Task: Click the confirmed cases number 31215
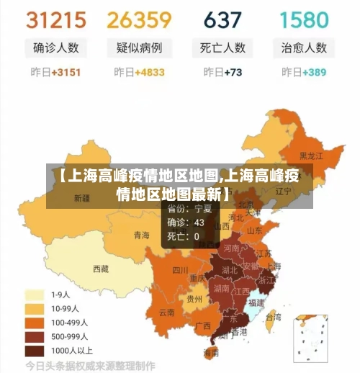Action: (x=55, y=19)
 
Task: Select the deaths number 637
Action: (x=222, y=19)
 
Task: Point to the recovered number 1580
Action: (x=303, y=19)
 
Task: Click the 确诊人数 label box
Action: (x=55, y=48)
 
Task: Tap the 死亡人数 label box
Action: (x=222, y=48)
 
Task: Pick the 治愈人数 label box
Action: (x=303, y=48)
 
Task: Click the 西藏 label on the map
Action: (x=101, y=269)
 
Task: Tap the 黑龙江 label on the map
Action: (x=311, y=156)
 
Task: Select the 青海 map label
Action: (x=142, y=235)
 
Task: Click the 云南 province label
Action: (x=166, y=313)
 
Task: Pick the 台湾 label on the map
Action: (x=274, y=316)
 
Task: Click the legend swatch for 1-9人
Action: (x=35, y=295)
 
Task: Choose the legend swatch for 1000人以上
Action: (x=35, y=351)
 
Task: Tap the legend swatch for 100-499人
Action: (x=35, y=323)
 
